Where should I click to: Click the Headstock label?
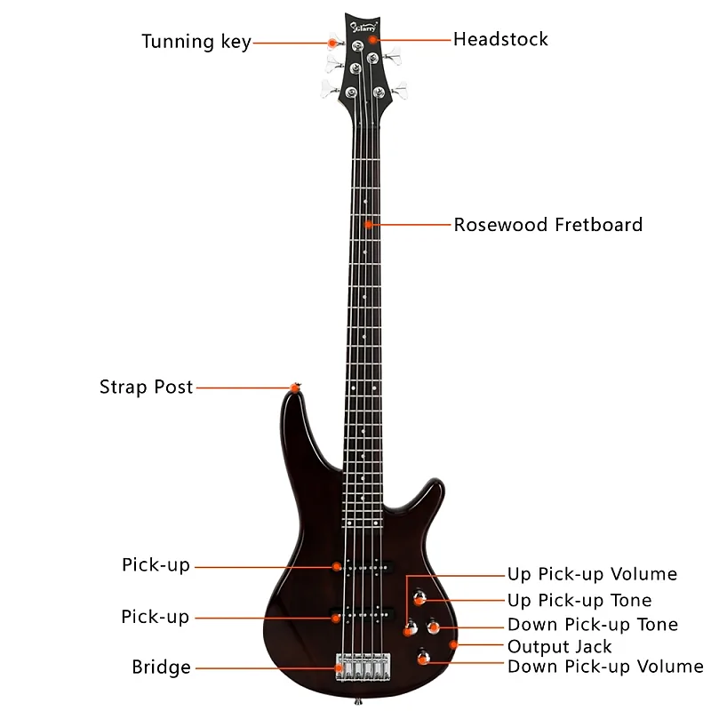click(500, 39)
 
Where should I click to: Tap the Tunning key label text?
click(196, 42)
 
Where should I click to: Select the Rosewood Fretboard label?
click(547, 224)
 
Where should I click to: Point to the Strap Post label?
click(146, 387)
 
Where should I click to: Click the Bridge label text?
click(161, 667)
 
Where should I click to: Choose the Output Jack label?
click(559, 646)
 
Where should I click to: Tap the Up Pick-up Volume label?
click(592, 574)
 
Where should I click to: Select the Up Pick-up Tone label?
click(579, 601)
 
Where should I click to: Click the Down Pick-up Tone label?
click(592, 625)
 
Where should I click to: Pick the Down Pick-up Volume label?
click(604, 666)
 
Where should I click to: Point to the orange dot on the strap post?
click(295, 387)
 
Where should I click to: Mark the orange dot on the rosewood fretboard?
click(366, 224)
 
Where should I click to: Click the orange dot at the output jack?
click(454, 643)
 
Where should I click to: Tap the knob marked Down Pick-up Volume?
click(424, 658)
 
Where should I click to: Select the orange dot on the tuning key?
click(333, 42)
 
